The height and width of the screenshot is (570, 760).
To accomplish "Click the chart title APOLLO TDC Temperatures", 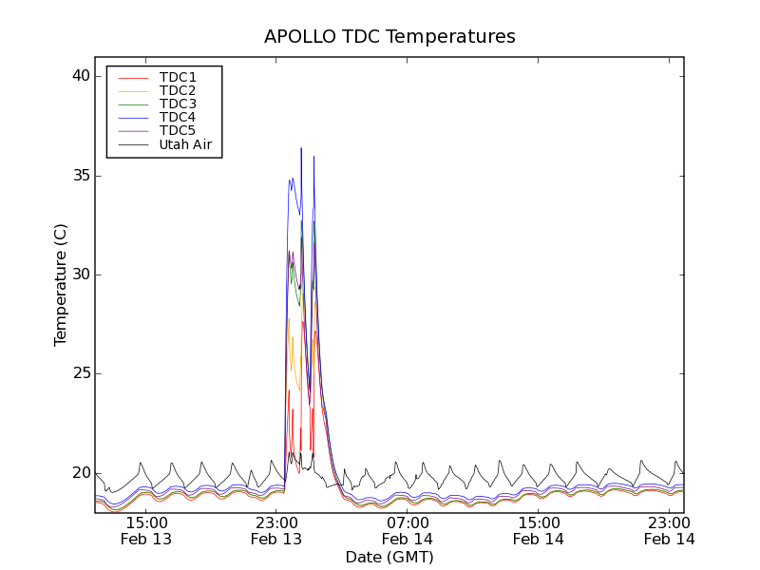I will pyautogui.click(x=389, y=37).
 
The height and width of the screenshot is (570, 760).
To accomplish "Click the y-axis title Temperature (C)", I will pyautogui.click(x=60, y=284).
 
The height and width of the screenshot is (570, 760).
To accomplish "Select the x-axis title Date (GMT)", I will pyautogui.click(x=389, y=557).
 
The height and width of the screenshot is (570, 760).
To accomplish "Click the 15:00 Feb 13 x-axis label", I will pyautogui.click(x=146, y=530).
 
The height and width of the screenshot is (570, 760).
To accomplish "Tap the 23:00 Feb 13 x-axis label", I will pyautogui.click(x=277, y=530).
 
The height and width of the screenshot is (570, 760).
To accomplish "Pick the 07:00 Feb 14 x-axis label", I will pyautogui.click(x=408, y=530).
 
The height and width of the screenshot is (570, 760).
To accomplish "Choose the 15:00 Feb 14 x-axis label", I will pyautogui.click(x=540, y=530).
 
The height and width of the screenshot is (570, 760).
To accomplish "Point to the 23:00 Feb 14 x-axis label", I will pyautogui.click(x=670, y=530).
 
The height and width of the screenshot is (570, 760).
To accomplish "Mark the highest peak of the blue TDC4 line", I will pyautogui.click(x=301, y=148).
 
